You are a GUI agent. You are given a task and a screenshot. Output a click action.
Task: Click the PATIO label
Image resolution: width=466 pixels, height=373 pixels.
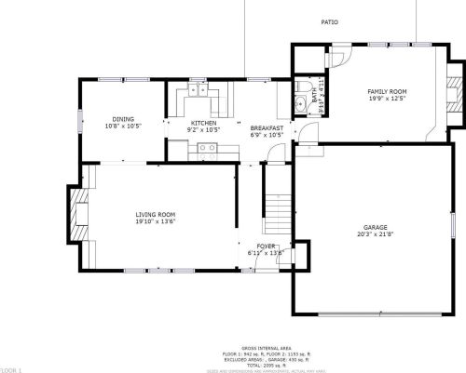pyautogui.click(x=329, y=22)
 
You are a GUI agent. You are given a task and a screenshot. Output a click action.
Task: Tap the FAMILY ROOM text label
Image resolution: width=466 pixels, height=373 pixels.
pyautogui.click(x=388, y=90)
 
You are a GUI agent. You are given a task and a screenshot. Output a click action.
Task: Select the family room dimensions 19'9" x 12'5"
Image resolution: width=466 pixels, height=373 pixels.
pyautogui.click(x=388, y=98)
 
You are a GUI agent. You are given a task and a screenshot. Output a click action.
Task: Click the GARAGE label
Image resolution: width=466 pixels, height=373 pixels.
pyautogui.click(x=376, y=227)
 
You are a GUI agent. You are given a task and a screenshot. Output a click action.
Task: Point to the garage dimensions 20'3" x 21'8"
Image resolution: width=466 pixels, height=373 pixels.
pyautogui.click(x=376, y=234)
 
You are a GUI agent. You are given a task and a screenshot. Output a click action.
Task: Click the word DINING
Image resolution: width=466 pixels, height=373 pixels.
pyautogui.click(x=123, y=119)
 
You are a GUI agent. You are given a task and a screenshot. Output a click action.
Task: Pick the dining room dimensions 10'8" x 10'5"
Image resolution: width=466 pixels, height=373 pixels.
pyautogui.click(x=123, y=127)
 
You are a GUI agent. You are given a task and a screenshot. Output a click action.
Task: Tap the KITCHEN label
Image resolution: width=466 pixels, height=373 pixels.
pyautogui.click(x=204, y=123)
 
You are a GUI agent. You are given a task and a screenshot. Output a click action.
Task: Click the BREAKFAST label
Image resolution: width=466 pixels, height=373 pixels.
pyautogui.click(x=266, y=127)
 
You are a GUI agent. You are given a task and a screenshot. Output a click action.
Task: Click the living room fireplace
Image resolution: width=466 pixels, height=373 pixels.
pyautogui.click(x=77, y=214)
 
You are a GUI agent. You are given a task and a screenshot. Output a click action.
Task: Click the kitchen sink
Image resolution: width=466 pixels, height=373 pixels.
pyautogui.click(x=200, y=89)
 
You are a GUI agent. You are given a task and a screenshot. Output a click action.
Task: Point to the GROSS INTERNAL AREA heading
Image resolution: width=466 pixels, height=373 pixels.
pyautogui.click(x=259, y=346)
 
